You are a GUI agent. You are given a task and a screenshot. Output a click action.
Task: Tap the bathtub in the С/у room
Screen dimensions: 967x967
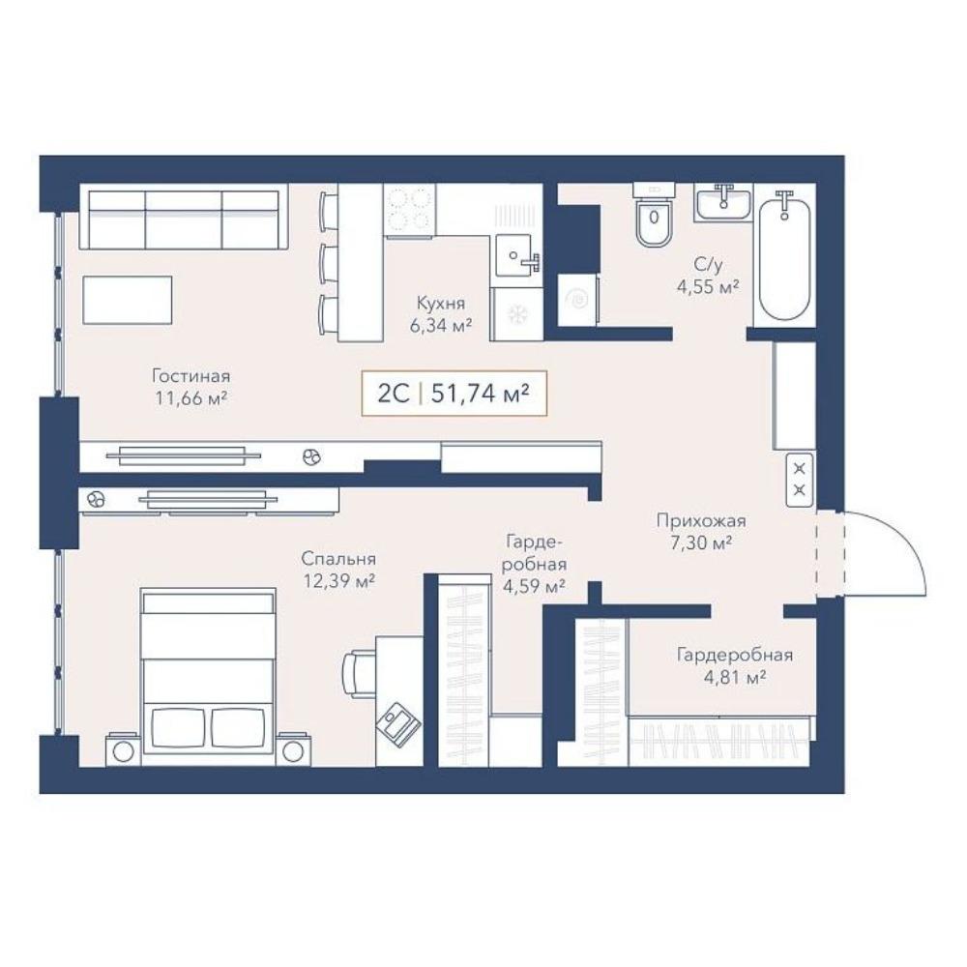[x=784, y=255]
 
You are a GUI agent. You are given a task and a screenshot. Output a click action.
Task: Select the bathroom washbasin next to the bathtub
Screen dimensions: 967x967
[x=722, y=202]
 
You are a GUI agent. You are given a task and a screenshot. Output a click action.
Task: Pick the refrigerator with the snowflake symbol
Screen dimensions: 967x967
[x=516, y=314]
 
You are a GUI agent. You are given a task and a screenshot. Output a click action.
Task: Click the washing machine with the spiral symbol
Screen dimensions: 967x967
[x=578, y=300]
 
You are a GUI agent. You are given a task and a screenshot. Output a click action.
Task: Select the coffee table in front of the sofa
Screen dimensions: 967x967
[x=127, y=300]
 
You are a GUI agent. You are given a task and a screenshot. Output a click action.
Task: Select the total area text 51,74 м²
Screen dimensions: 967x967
[x=481, y=393]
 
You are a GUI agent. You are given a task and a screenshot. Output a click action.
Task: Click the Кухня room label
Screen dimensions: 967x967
[x=441, y=304]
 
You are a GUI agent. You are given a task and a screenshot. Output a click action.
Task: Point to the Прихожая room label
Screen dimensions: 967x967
[x=701, y=520]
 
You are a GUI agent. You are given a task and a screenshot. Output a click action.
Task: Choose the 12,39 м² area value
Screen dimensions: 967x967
[x=339, y=581]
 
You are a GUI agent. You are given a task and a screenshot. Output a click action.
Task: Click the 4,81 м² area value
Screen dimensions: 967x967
[x=735, y=677]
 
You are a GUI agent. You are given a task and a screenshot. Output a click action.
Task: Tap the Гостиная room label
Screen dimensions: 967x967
[x=191, y=375]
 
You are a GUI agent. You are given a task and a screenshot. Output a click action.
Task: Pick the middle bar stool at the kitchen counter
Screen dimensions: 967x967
[x=328, y=263]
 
